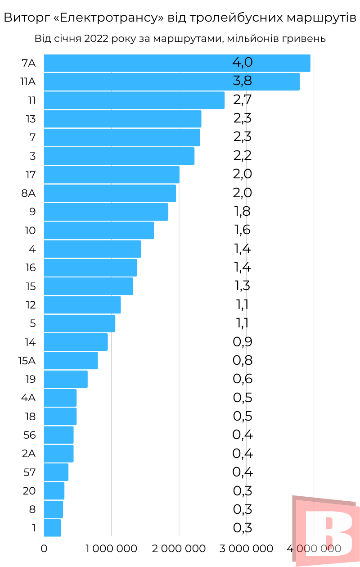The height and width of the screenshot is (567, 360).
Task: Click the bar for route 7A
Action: pos(177,63)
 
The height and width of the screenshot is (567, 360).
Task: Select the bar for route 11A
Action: pos(171,82)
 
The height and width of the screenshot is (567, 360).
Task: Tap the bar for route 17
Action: pos(112,174)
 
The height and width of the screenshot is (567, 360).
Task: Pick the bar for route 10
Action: pos(99,230)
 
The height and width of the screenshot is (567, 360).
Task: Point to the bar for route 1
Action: pos(52,527)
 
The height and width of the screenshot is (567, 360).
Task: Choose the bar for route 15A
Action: pos(71,360)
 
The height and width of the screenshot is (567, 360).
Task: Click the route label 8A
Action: pos(28,193)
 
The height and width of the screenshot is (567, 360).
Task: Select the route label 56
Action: pos(29,435)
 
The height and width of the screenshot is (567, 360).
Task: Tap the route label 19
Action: pos(30,379)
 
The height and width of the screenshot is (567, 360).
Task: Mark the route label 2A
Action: pos(28,454)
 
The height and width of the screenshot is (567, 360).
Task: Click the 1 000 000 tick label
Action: pos(111,549)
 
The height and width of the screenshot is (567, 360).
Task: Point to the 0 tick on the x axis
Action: pos(44,549)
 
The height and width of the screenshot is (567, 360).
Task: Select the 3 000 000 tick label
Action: pos(246,549)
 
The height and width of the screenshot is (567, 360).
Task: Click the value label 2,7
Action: pos(242,100)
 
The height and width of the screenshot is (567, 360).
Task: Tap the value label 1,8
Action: pos(242,211)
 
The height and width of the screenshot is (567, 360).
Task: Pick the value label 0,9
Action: pos(243,342)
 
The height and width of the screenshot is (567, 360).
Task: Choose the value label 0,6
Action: pos(243,379)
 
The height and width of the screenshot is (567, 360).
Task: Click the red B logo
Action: pos(326,531)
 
